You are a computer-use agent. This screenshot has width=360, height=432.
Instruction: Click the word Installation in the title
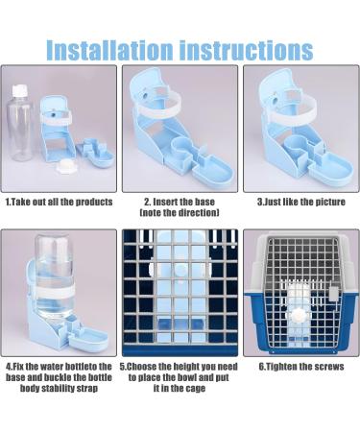tap(109, 50)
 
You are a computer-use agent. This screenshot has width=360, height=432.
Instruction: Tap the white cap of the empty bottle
tap(19, 90)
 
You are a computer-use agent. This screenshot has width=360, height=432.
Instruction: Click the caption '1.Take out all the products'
tap(60, 202)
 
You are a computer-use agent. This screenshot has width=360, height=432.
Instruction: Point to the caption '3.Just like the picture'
tap(301, 202)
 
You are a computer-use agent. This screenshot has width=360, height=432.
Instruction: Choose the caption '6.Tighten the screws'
tap(301, 367)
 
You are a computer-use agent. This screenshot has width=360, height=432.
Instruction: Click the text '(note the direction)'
tap(180, 212)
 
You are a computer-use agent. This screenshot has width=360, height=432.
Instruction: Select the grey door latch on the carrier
tap(334, 294)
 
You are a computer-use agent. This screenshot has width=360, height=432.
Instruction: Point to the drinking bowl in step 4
tap(88, 340)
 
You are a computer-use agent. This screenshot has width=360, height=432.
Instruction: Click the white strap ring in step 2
tap(157, 104)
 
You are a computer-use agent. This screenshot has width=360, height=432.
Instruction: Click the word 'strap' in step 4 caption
tap(86, 389)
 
